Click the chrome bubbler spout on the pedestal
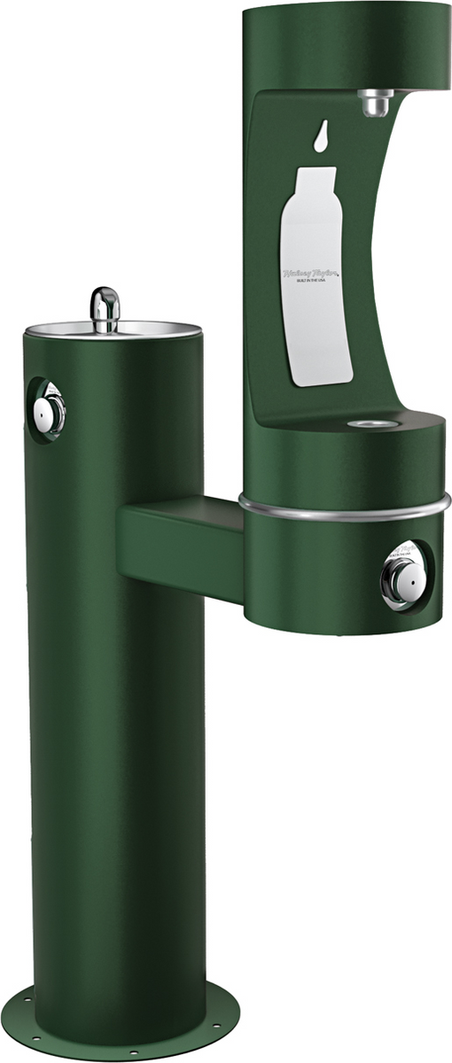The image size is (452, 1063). click(x=104, y=309)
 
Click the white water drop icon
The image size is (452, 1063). click(x=318, y=135)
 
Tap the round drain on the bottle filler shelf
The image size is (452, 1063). click(x=369, y=424)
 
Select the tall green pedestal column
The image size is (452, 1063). click(x=115, y=709)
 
